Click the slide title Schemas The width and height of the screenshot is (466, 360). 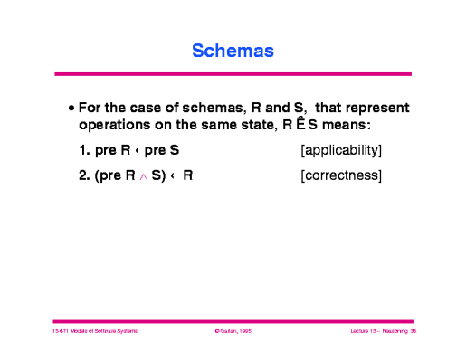click(233, 51)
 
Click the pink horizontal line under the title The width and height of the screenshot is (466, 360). click(233, 74)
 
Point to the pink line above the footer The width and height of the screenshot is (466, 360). click(233, 320)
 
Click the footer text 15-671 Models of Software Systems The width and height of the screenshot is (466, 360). click(94, 332)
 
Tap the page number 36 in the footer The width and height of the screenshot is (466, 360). click(412, 332)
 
